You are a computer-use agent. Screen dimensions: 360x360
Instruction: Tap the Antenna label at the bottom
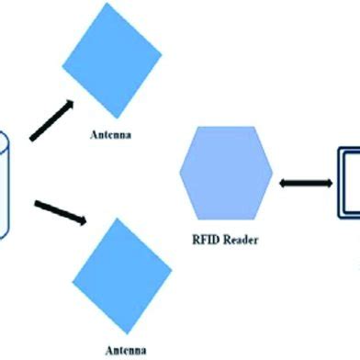(x=125, y=349)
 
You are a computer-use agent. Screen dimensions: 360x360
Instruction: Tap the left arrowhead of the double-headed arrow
(x=283, y=184)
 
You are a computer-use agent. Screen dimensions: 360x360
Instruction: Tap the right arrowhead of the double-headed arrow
(x=325, y=184)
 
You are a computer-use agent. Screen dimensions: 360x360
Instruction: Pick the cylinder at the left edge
(x=4, y=184)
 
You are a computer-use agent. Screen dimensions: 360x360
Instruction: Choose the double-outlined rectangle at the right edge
(x=347, y=184)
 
